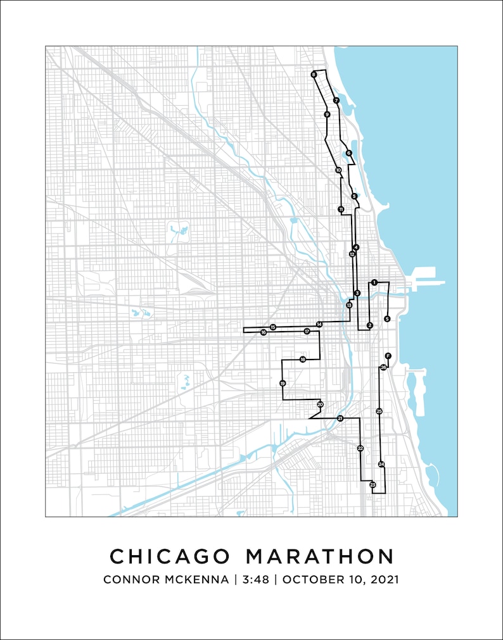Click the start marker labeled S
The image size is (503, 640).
pyautogui.click(x=387, y=318)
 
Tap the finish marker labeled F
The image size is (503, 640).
pyautogui.click(x=388, y=356)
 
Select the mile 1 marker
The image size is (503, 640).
pyautogui.click(x=374, y=282)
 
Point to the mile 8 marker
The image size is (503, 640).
pyautogui.click(x=314, y=75)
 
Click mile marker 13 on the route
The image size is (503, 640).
pyautogui.click(x=349, y=305)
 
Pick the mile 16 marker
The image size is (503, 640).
pyautogui.click(x=263, y=332)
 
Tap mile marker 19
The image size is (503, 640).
pyautogui.click(x=283, y=383)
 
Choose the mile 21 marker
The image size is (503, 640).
pyautogui.click(x=340, y=418)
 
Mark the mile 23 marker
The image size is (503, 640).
pyautogui.click(x=372, y=485)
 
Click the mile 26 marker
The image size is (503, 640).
pyautogui.click(x=383, y=367)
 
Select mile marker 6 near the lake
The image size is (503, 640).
pyautogui.click(x=348, y=153)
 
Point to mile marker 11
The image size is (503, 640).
pyautogui.click(x=341, y=209)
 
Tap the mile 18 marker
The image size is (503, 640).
pyautogui.click(x=303, y=360)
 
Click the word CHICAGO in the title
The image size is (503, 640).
pyautogui.click(x=169, y=556)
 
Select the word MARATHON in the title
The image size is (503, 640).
pyautogui.click(x=320, y=556)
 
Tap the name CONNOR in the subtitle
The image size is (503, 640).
pyautogui.click(x=130, y=579)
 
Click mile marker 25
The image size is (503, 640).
pyautogui.click(x=379, y=411)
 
